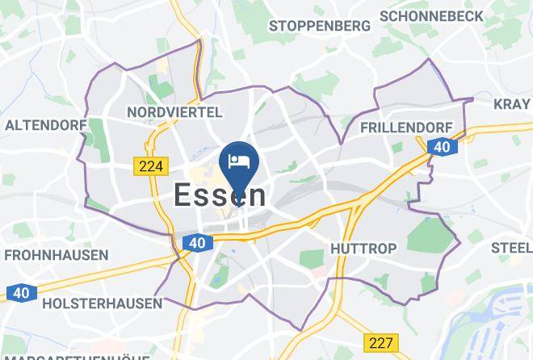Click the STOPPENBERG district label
click(x=320, y=26)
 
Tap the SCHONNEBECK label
click(x=431, y=16)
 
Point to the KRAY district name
click(x=512, y=103)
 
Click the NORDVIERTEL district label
click(x=175, y=111)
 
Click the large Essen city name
click(x=220, y=195)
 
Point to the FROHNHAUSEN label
click(x=57, y=255)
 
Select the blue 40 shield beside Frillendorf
click(x=441, y=146)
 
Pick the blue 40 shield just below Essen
click(x=196, y=242)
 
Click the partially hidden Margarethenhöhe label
click(x=77, y=356)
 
